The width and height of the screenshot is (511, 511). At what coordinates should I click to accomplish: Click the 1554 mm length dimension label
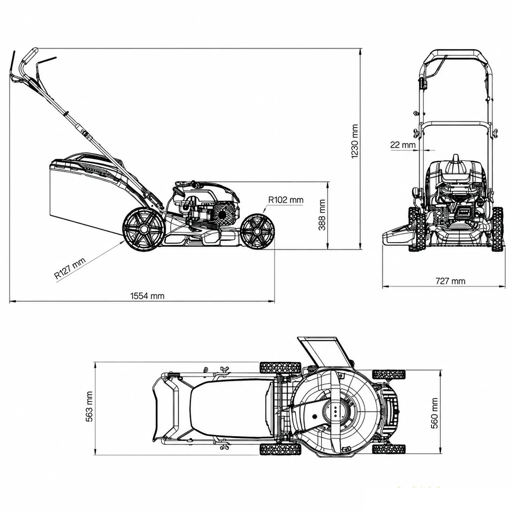pyautogui.click(x=147, y=296)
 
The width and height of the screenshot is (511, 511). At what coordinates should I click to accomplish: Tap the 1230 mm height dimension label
pyautogui.click(x=355, y=141)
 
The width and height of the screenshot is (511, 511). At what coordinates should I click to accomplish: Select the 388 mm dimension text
pyautogui.click(x=322, y=215)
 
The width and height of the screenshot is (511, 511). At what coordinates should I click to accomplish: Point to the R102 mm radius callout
pyautogui.click(x=286, y=200)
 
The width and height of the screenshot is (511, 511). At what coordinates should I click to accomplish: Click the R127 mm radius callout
pyautogui.click(x=70, y=269)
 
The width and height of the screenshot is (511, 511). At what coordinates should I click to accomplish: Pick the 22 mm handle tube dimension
pyautogui.click(x=403, y=145)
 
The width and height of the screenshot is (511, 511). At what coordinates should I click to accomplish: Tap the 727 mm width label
pyautogui.click(x=450, y=281)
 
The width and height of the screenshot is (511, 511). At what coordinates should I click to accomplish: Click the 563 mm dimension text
pyautogui.click(x=89, y=406)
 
